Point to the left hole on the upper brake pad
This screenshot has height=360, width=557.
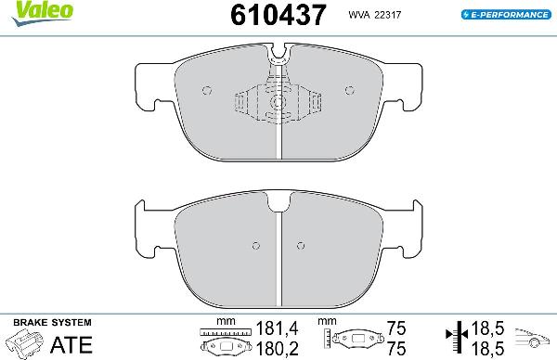tap(208, 90)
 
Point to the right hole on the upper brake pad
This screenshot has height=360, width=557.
tap(350, 90)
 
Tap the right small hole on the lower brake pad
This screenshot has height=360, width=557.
tap(300, 246)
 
